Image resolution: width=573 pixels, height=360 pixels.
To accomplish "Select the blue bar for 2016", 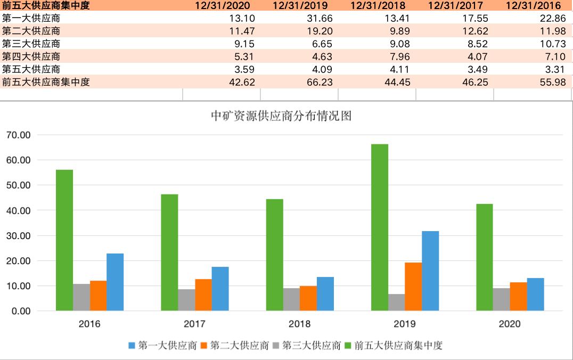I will pyautogui.click(x=115, y=282).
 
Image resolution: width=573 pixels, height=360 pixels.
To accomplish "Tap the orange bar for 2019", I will pyautogui.click(x=413, y=287).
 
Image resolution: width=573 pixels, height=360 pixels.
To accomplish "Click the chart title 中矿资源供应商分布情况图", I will pyautogui.click(x=282, y=116).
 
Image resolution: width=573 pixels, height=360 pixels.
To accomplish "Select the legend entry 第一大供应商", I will pyautogui.click(x=162, y=346).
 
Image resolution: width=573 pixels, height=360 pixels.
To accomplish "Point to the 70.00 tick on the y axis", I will pyautogui.click(x=18, y=135).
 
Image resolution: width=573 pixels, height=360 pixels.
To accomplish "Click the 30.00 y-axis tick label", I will pyautogui.click(x=18, y=236).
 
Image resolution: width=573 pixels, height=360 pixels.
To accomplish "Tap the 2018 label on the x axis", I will pyautogui.click(x=299, y=324).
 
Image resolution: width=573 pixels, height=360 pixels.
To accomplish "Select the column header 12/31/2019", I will pyautogui.click(x=300, y=6).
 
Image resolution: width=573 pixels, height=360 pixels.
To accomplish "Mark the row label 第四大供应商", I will pyautogui.click(x=31, y=56).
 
